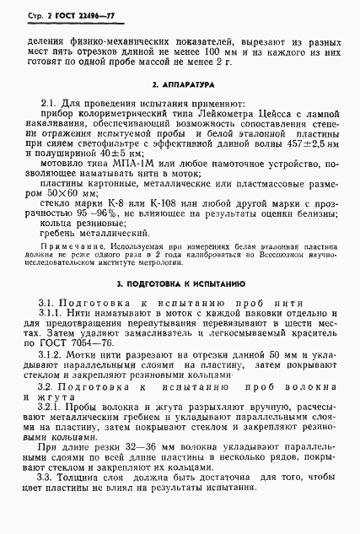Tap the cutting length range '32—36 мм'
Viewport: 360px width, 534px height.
pos(143,462)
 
